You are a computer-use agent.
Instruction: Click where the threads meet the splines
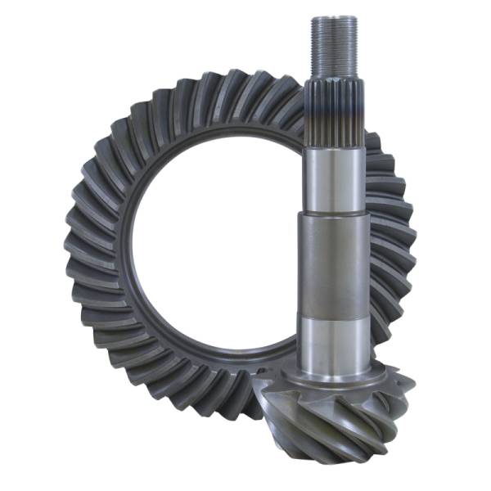click(335, 78)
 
